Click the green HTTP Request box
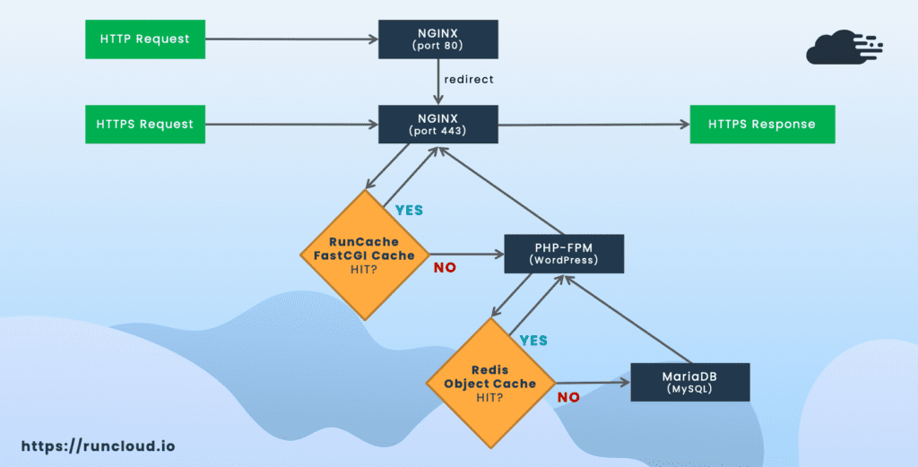[145, 39]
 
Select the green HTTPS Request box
[145, 124]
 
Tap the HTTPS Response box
[762, 124]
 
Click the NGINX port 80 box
[437, 39]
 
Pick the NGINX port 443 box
[437, 124]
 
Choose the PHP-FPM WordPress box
[564, 254]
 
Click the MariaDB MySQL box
[690, 382]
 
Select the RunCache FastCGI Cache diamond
[365, 255]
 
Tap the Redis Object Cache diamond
[490, 384]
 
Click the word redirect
[469, 79]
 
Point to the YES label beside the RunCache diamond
[409, 210]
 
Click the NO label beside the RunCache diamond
[445, 268]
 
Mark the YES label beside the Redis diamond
[533, 341]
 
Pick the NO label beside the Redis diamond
[568, 397]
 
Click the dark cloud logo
[844, 47]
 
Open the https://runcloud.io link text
[99, 445]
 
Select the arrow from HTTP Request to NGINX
[292, 39]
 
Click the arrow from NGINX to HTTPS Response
[594, 124]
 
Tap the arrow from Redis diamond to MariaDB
[593, 383]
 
